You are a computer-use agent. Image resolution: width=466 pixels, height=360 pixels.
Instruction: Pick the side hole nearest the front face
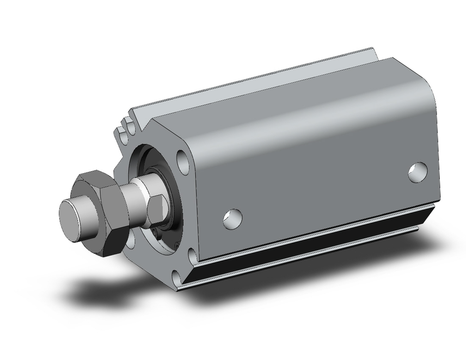pyautogui.click(x=233, y=218)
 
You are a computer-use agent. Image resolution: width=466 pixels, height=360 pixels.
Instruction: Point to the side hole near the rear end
pyautogui.click(x=418, y=172)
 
